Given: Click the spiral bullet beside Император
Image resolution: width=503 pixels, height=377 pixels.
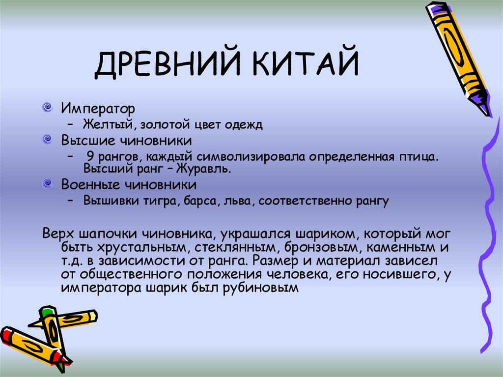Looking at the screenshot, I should [x=47, y=107].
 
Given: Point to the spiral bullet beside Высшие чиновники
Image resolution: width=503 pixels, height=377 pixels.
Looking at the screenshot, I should [x=47, y=140].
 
